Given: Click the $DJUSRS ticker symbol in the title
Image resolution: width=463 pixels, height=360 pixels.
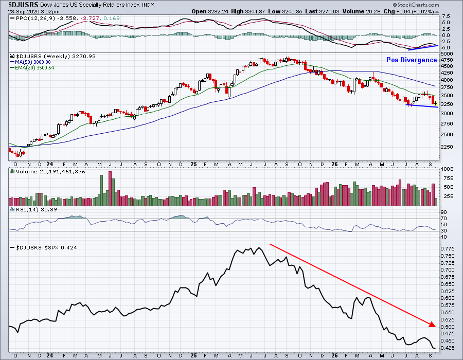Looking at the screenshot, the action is pyautogui.click(x=23, y=5).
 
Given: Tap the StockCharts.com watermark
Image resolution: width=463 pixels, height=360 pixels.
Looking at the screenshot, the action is pyautogui.click(x=416, y=5).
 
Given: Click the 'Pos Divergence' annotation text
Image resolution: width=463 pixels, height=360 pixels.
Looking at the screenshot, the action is pyautogui.click(x=412, y=60).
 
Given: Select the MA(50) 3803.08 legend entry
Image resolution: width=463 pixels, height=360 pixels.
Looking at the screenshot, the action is pyautogui.click(x=30, y=62).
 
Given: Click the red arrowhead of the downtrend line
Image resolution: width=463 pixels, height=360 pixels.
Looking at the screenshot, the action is pyautogui.click(x=433, y=325).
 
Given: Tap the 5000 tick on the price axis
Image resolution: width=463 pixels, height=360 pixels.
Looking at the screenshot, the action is pyautogui.click(x=447, y=54).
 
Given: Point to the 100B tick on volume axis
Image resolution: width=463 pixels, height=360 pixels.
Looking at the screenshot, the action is pyautogui.click(x=447, y=169).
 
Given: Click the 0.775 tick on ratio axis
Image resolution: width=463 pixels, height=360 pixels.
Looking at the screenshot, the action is pyautogui.click(x=448, y=249).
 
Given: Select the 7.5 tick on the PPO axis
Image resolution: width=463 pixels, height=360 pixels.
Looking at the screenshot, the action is pyautogui.click(x=446, y=16).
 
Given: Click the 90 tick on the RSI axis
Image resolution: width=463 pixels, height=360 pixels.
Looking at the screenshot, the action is pyautogui.click(x=443, y=212).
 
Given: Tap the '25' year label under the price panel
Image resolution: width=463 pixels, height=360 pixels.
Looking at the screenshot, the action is pyautogui.click(x=193, y=165).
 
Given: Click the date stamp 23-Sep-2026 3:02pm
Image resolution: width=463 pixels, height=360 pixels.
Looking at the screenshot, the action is pyautogui.click(x=33, y=12).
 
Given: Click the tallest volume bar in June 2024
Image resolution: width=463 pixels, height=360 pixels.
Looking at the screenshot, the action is pyautogui.click(x=110, y=188).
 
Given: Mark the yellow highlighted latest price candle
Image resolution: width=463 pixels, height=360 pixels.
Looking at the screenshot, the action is pyautogui.click(x=435, y=103).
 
